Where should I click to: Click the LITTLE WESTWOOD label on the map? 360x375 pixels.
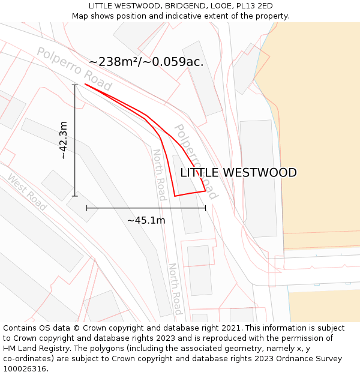tap(238, 173)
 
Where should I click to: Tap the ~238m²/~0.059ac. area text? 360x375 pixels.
tap(146, 62)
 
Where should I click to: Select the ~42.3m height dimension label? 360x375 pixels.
tap(64, 140)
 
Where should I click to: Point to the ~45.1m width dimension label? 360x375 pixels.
tap(146, 220)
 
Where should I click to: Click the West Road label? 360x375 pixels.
tap(26, 192)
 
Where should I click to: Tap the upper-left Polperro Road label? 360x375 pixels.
tap(74, 68)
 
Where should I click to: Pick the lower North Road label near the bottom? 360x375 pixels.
tap(174, 289)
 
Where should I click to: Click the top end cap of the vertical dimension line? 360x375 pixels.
tap(75, 85)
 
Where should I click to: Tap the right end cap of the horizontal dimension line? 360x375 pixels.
tap(205, 208)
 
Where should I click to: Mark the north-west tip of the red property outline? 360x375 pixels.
tap(85, 84)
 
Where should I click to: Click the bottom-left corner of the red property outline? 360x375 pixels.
tap(175, 196)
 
